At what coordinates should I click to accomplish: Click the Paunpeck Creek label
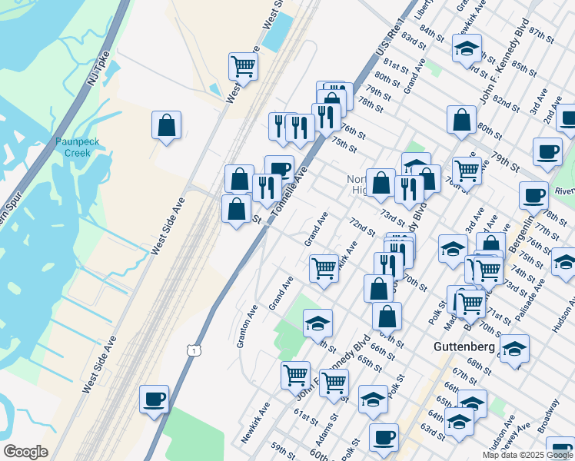(x=72, y=147)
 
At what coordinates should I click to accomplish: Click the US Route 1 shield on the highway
(x=194, y=350)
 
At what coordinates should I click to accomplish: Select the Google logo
(x=25, y=452)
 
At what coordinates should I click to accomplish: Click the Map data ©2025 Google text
(x=528, y=455)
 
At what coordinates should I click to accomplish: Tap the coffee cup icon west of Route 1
(x=154, y=399)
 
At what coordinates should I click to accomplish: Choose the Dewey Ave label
(x=522, y=434)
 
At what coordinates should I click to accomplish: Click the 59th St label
(x=283, y=448)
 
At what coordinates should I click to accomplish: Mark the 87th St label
(x=541, y=35)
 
